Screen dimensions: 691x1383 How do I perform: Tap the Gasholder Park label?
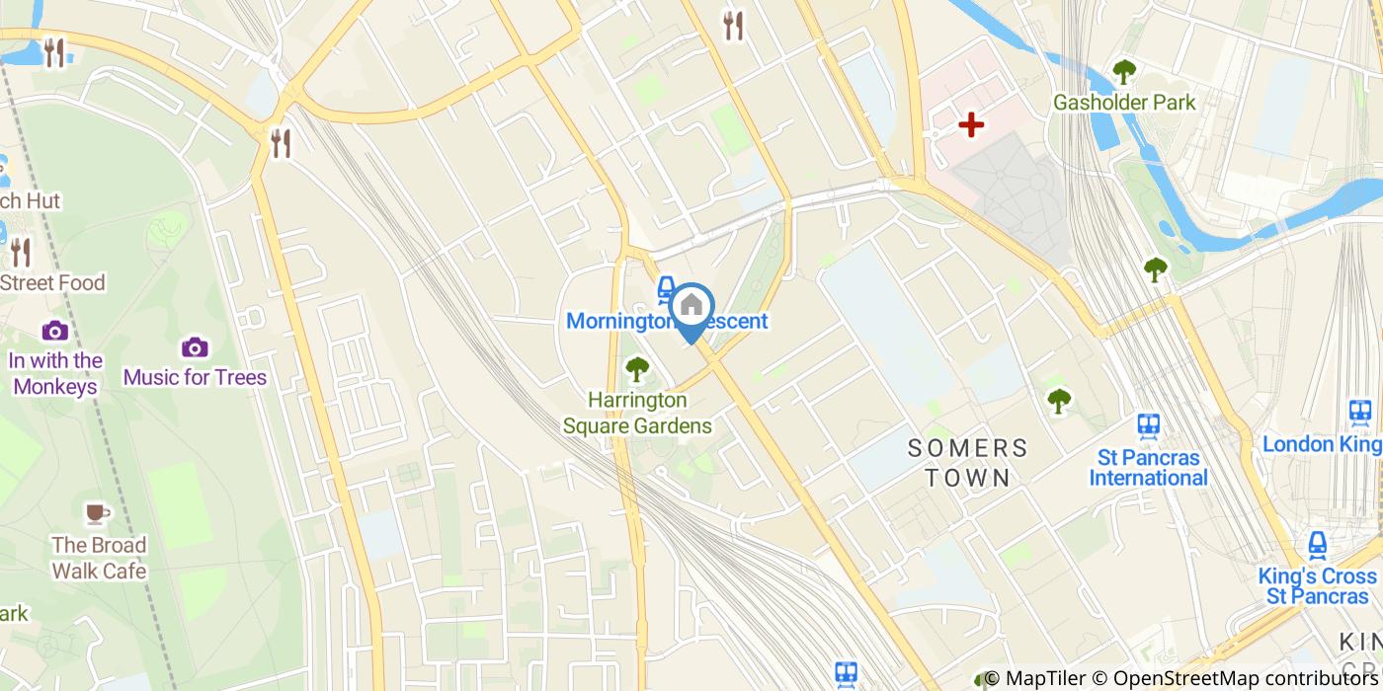tap(1124, 103)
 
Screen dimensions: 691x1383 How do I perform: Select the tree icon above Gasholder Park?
tap(1124, 71)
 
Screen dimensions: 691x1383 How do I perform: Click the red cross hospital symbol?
tap(972, 125)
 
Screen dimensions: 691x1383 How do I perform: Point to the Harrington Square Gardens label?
tap(637, 414)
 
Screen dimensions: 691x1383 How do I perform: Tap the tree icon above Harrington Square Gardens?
tap(637, 370)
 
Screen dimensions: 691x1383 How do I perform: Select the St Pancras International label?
tap(1148, 468)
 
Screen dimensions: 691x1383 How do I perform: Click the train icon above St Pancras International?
tap(1148, 425)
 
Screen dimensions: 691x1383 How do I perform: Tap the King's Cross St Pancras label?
tap(1318, 586)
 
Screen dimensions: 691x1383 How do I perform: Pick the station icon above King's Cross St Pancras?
tap(1318, 545)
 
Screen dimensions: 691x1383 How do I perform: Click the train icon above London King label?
tap(1360, 412)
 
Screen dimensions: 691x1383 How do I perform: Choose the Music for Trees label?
tap(195, 377)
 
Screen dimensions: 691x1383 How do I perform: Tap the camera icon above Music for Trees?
tap(195, 347)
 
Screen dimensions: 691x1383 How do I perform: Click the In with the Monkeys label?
tap(55, 373)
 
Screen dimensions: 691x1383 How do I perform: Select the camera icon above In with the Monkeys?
tap(55, 331)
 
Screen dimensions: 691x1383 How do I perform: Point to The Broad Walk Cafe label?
tap(99, 558)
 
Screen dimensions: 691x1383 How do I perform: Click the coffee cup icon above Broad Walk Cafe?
tap(96, 512)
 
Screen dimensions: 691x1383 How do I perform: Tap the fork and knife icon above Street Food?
tap(21, 253)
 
